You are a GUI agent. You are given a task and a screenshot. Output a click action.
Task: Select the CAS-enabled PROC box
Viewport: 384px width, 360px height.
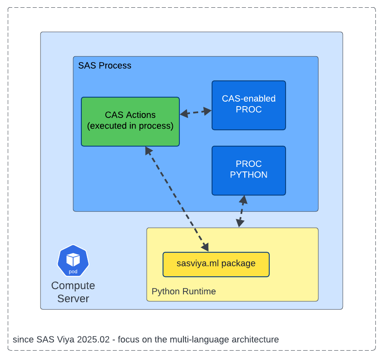[248, 105]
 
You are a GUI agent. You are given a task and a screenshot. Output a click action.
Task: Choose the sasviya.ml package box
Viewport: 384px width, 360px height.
[216, 264]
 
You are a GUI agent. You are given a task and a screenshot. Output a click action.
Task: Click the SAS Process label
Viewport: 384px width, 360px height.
[105, 65]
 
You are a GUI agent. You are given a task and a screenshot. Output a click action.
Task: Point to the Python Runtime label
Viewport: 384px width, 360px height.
[183, 291]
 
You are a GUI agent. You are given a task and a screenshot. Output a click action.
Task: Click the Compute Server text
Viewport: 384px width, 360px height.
[73, 292]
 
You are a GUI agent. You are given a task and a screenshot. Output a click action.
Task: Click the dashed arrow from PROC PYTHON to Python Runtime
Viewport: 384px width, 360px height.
[241, 211]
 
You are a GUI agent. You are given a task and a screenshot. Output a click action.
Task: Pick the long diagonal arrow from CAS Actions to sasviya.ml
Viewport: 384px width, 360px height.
[176, 198]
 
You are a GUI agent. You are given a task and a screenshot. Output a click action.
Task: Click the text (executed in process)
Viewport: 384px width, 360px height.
[130, 126]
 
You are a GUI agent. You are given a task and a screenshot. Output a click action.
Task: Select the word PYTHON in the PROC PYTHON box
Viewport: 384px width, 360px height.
[248, 175]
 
